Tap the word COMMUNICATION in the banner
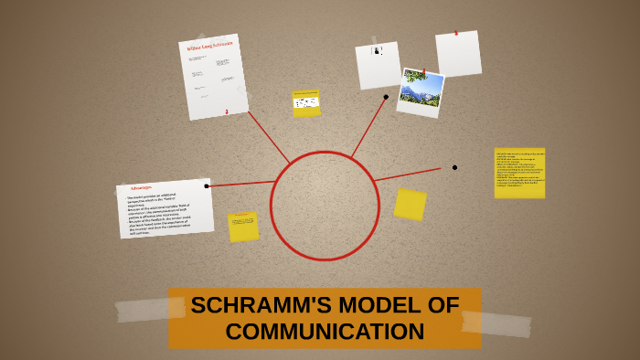tap(325, 332)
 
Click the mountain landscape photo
tap(421, 91)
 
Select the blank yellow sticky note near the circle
tap(410, 204)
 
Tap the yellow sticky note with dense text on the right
tap(519, 173)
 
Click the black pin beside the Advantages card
tap(207, 186)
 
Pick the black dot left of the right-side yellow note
tap(454, 167)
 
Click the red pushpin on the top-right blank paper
tap(454, 34)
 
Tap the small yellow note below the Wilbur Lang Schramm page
tap(306, 103)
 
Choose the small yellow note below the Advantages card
tap(243, 227)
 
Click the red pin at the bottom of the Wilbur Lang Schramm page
tap(227, 111)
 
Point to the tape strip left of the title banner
tap(143, 310)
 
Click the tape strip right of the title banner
tap(496, 323)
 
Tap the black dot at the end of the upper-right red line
tap(386, 97)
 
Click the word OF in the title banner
tap(443, 305)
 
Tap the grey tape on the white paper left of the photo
tap(375, 43)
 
